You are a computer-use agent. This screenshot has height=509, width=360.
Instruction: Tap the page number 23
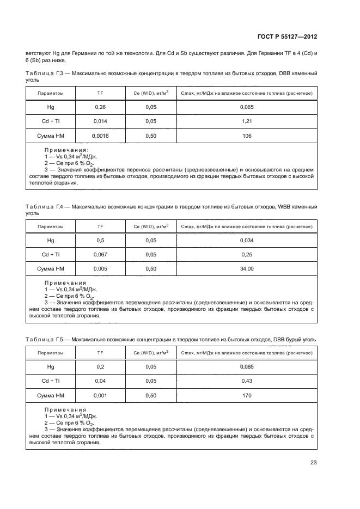coord(314,463)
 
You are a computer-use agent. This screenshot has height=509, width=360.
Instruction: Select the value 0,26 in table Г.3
coord(100,107)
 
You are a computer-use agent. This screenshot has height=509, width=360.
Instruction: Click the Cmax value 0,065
coord(247,107)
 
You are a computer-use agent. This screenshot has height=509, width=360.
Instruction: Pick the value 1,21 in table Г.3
coord(247,121)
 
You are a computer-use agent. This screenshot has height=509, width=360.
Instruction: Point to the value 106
coord(247,136)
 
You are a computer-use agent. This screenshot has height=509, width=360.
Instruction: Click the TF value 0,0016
coord(100,136)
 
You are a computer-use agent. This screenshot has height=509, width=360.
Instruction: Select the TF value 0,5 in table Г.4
coord(100,240)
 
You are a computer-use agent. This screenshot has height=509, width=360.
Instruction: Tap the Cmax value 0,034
coord(247,240)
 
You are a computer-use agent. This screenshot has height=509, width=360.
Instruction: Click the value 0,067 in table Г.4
coord(100,254)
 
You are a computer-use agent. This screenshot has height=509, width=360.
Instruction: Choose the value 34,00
coord(247,268)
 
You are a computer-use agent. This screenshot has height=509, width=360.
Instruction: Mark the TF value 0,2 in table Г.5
coord(100,367)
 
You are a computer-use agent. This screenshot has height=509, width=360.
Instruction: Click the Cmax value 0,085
coord(247,367)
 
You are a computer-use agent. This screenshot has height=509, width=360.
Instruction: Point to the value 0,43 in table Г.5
coord(247,381)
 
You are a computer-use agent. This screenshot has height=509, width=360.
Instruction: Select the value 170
coord(247,395)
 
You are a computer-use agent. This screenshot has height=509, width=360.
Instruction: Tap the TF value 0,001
coord(100,395)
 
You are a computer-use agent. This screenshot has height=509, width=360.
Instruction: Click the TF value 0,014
coord(100,121)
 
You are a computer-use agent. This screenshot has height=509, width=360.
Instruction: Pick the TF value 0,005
coord(100,268)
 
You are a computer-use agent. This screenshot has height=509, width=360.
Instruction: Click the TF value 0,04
coord(100,381)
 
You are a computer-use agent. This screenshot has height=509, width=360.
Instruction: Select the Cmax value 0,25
coord(247,254)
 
